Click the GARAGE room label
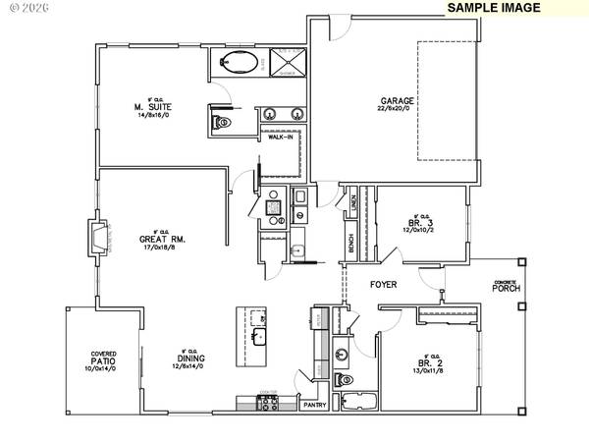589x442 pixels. pos(398,101)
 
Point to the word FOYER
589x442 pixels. pos(383,285)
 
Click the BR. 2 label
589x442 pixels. pos(429,364)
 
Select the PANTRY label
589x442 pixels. pos(314,405)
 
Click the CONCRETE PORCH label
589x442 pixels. pos(508,286)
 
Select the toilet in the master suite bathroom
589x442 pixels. pos(221,123)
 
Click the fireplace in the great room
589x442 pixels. pos(98,239)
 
